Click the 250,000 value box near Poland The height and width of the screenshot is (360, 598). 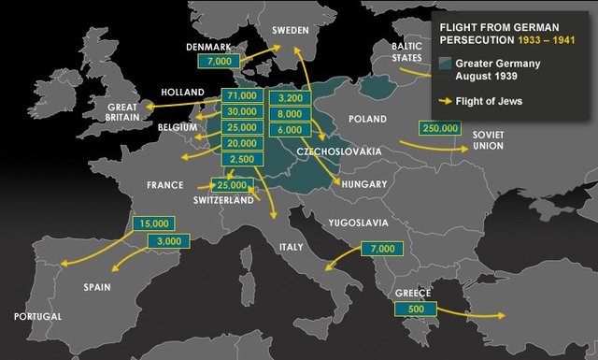click(440, 128)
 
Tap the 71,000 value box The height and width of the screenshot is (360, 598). click(241, 95)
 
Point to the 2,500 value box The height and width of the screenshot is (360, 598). click(241, 160)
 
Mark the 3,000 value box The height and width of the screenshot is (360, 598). click(169, 242)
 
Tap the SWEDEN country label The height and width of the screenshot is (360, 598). click(290, 30)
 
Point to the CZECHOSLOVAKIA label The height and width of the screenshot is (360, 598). click(339, 151)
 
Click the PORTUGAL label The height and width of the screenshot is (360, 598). click(37, 317)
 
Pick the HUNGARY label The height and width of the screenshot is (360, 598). click(364, 185)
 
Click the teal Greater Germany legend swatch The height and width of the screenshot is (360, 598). click(446, 64)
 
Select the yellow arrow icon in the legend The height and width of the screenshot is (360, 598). click(445, 102)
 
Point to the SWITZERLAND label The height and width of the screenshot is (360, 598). click(223, 201)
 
